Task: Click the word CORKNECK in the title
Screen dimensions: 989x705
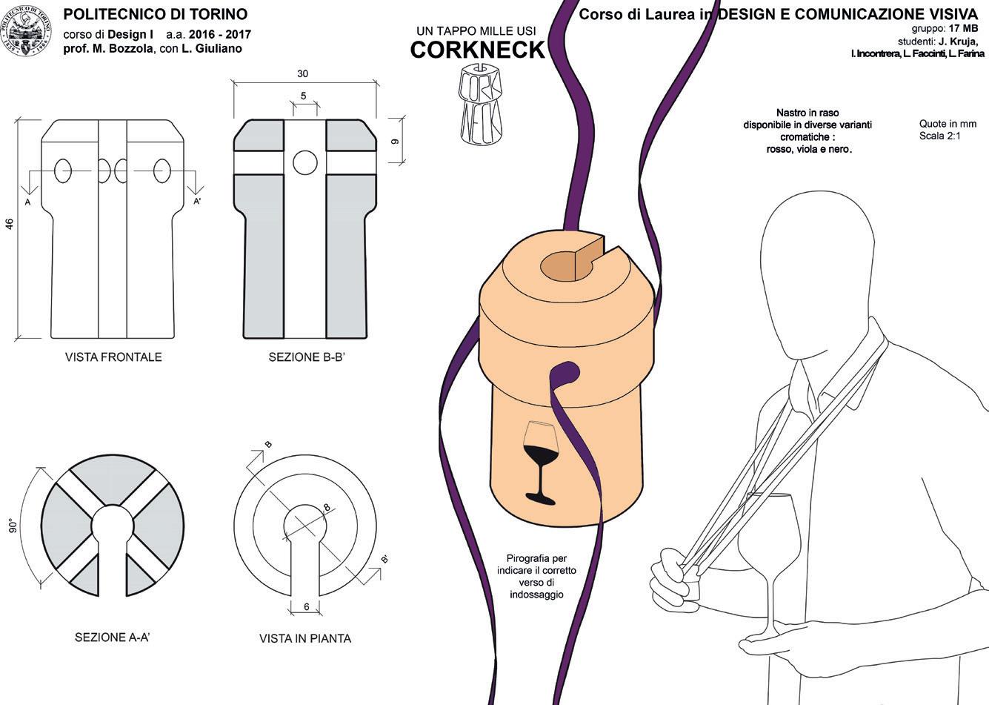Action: coord(477,50)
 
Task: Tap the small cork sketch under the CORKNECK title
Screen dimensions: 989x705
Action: coord(480,102)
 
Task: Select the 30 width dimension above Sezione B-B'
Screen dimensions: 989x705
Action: coord(302,74)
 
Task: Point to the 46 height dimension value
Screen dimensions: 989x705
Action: coord(10,224)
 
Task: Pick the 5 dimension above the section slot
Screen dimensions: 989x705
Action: coord(304,96)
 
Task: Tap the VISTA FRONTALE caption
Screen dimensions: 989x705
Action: coord(113,357)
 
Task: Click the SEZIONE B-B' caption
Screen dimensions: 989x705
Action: coord(307,357)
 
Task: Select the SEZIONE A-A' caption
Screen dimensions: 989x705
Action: coord(113,637)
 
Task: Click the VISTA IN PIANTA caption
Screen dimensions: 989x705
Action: coord(305,638)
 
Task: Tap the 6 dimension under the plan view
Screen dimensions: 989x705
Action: coord(306,606)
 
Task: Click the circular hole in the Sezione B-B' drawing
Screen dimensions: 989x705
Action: coord(304,162)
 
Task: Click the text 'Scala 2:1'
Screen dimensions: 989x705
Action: coord(940,136)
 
